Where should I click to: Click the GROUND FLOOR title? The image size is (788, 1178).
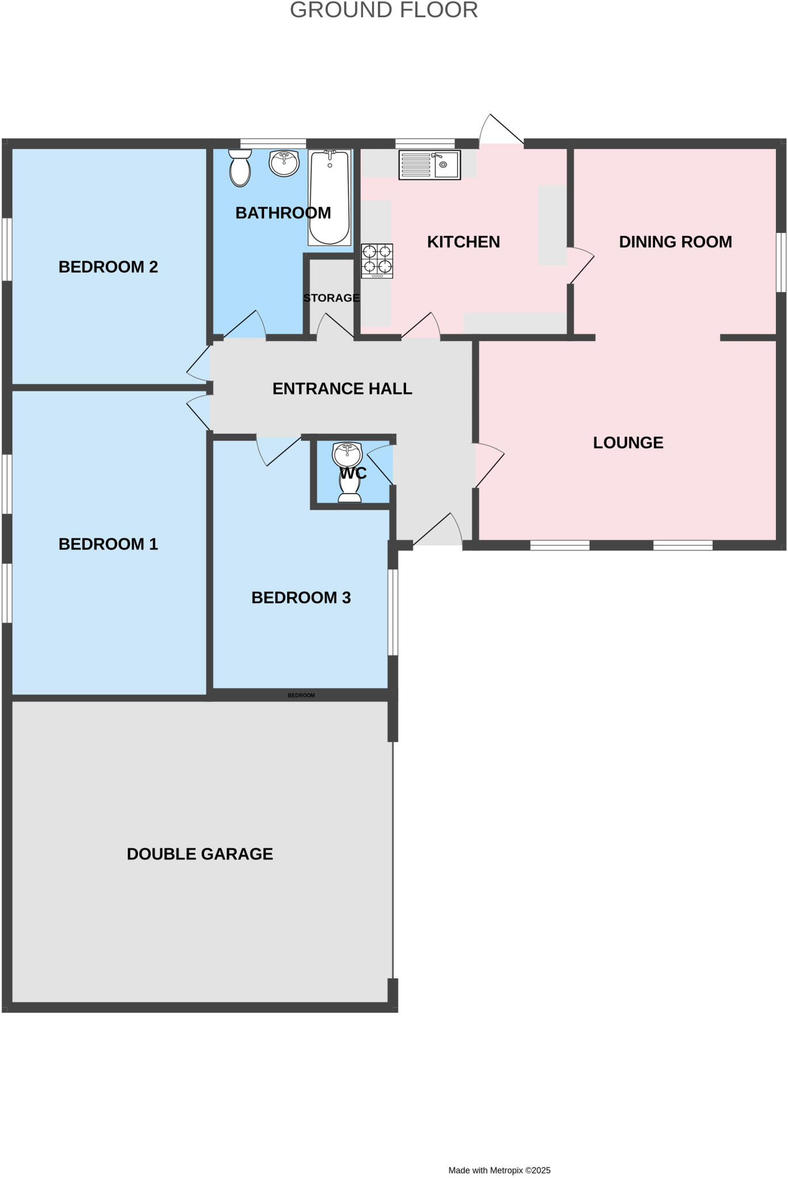(x=384, y=10)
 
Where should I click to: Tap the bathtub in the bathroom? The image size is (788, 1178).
(x=330, y=197)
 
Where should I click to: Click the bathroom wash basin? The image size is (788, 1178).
(x=284, y=163)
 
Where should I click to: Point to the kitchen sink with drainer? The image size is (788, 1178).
(x=429, y=165)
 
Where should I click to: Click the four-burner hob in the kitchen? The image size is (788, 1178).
(x=377, y=261)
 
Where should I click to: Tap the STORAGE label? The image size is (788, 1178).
(x=331, y=298)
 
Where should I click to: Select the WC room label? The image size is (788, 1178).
(x=353, y=473)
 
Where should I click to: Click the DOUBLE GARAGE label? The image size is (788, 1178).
(x=200, y=854)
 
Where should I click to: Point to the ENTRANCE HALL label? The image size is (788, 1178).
(x=342, y=389)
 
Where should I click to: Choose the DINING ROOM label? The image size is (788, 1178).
(x=675, y=242)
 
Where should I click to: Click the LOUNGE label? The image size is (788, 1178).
(x=628, y=443)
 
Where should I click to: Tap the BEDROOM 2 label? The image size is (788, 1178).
(x=108, y=267)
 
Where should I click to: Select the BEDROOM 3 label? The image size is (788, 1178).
(x=301, y=598)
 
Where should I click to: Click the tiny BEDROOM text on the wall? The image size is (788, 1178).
(x=301, y=695)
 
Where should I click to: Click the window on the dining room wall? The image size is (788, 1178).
(x=781, y=262)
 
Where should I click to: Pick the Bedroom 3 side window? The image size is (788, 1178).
(x=393, y=611)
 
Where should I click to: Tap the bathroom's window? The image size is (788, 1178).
(x=273, y=143)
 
